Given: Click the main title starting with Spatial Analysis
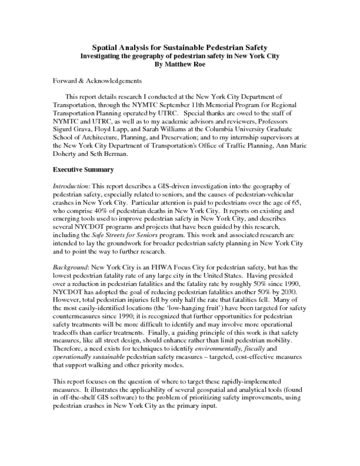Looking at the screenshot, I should click(x=180, y=47).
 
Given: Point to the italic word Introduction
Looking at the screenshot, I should click(x=71, y=186).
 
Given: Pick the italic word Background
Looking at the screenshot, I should click(x=71, y=267).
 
